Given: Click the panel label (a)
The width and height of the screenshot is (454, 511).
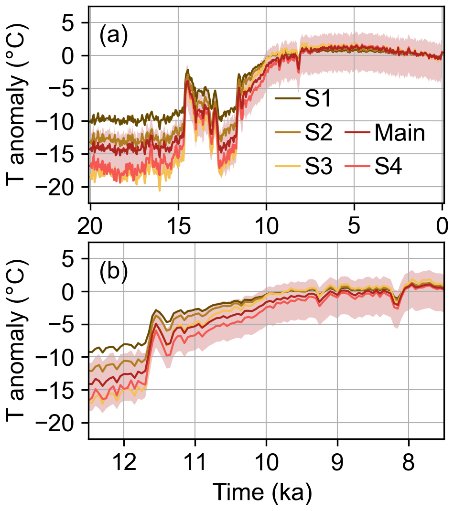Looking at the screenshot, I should [113, 37].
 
